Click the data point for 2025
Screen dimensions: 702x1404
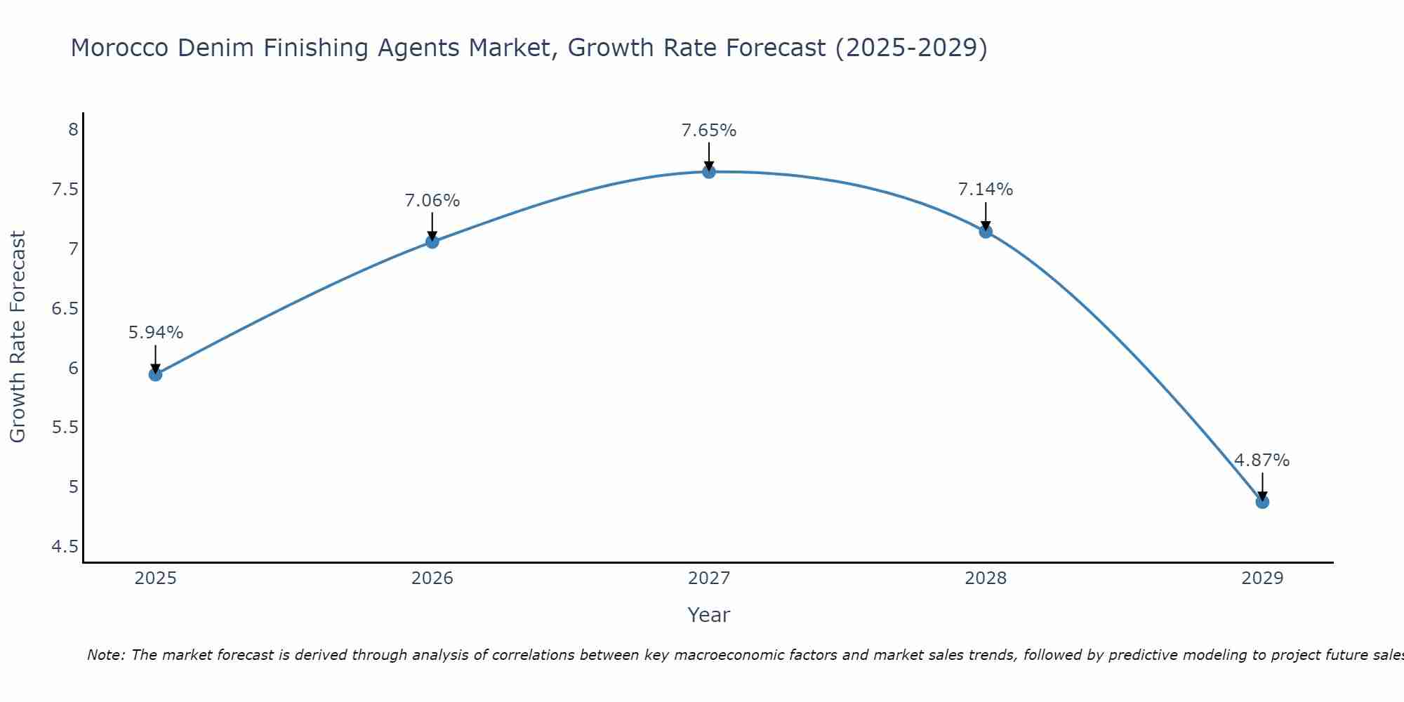155,374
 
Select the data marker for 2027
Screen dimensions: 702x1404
709,171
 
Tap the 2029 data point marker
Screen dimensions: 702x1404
1262,502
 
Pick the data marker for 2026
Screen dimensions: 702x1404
432,241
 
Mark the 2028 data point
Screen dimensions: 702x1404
986,232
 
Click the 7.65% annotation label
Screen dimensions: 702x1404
709,131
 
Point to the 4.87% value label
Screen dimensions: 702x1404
1262,461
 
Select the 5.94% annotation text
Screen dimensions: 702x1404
155,333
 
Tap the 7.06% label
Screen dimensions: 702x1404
432,201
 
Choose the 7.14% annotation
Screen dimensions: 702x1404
986,190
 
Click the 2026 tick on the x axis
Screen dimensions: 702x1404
432,578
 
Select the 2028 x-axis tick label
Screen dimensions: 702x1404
986,578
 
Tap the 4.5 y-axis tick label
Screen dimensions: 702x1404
65,547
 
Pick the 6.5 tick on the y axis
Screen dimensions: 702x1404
65,309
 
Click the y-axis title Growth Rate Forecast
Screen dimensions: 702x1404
18,336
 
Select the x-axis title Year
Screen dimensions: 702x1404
709,615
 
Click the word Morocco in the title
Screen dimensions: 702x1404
119,48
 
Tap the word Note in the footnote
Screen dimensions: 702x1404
105,655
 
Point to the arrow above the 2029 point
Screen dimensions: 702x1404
1262,486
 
